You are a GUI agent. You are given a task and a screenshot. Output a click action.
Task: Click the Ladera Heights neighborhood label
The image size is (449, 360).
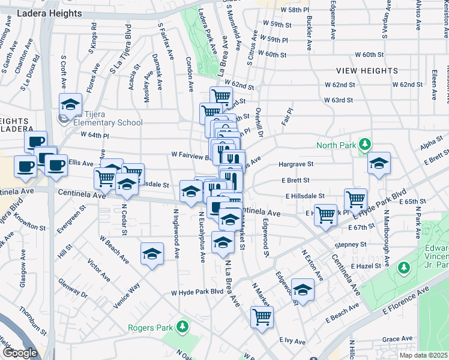50,13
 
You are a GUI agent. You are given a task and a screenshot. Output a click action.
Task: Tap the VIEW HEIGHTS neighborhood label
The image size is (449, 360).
367,71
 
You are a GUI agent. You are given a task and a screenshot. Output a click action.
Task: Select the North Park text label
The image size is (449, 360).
337,145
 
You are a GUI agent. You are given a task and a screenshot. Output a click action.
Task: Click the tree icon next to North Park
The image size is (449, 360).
364,145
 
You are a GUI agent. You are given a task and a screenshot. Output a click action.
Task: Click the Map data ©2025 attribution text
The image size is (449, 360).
423,355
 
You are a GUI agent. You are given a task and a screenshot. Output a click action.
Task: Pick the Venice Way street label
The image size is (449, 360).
126,295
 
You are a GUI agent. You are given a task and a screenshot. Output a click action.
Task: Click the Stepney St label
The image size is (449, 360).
351,245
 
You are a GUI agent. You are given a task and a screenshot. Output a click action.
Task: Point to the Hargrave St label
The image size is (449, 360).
296,164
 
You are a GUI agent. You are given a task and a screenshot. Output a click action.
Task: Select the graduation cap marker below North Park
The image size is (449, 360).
379,164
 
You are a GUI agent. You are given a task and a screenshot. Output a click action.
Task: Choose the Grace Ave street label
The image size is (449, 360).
397,339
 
